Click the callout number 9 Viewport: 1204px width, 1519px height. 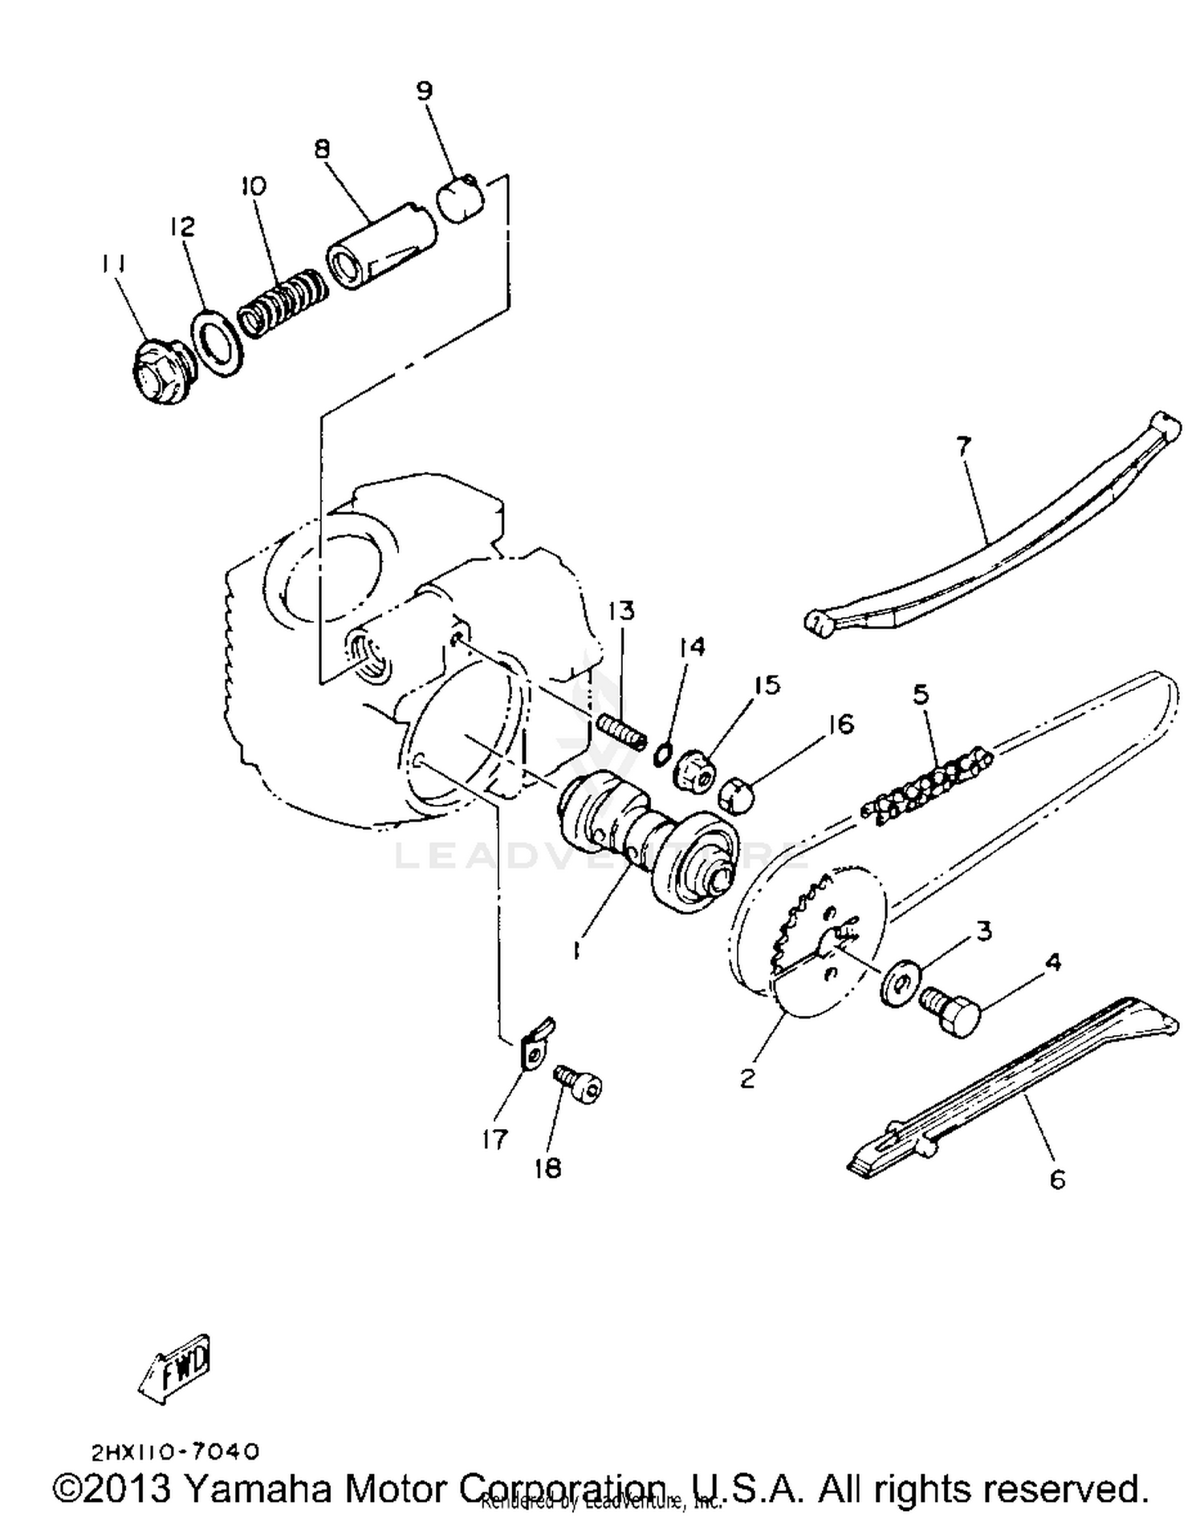pyautogui.click(x=425, y=91)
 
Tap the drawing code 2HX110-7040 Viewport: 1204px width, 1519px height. pyautogui.click(x=176, y=1451)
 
